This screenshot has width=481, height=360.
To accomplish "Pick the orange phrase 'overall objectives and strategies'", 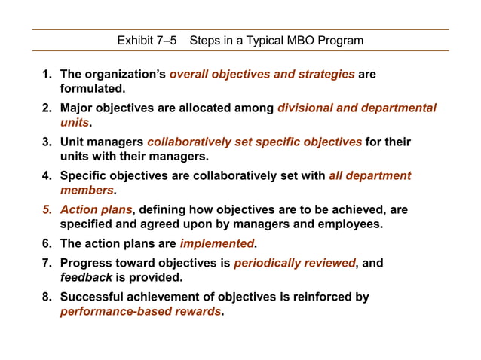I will click(262, 75).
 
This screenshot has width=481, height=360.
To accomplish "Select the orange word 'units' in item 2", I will click(75, 123).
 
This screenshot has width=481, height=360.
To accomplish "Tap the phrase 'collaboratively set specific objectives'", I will click(255, 142).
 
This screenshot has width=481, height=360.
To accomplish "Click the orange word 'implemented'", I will click(216, 243).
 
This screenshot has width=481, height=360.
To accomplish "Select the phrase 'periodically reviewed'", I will click(294, 263).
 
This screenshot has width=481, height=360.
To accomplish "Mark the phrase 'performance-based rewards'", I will click(141, 311).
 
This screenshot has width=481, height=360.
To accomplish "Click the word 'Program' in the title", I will click(339, 40).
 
